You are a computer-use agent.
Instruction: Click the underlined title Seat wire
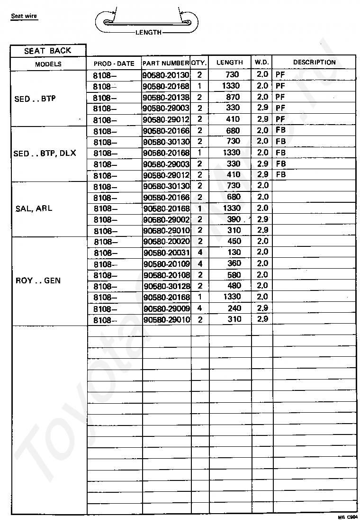click(x=24, y=16)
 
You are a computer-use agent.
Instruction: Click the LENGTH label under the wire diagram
click(x=148, y=33)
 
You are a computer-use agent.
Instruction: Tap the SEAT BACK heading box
click(x=48, y=51)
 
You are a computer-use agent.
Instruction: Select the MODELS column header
click(x=48, y=64)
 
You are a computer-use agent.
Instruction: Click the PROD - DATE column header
click(x=114, y=63)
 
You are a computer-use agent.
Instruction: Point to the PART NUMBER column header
click(x=166, y=63)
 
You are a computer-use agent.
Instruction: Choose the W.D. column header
click(x=262, y=63)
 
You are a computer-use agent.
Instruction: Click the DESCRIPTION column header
click(x=314, y=63)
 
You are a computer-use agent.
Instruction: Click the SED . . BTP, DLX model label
click(x=45, y=154)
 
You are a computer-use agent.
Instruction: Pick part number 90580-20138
click(x=166, y=97)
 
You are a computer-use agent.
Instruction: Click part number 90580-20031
click(x=166, y=253)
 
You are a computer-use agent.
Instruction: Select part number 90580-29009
click(x=166, y=308)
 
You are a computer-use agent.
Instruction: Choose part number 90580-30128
click(x=166, y=286)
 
